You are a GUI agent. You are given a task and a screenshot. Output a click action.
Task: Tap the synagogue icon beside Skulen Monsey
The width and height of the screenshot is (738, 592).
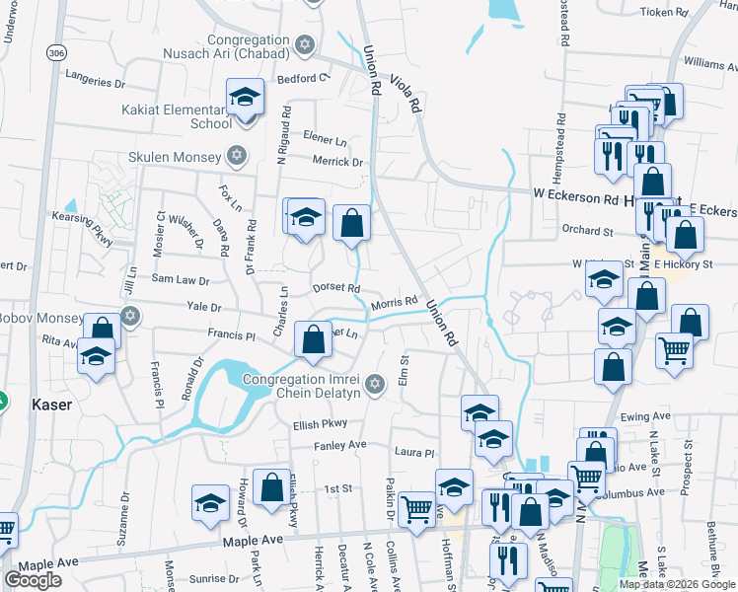pyautogui.click(x=236, y=157)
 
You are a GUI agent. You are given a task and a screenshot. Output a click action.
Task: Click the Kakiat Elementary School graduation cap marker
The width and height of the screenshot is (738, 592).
pyautogui.click(x=244, y=99)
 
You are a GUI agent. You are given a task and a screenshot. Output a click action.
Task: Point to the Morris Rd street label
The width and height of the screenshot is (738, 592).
pyautogui.click(x=395, y=306)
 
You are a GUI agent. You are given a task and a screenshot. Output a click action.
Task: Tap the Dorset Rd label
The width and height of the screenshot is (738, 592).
pyautogui.click(x=335, y=287)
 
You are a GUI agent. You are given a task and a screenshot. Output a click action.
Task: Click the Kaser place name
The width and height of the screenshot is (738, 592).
pyautogui.click(x=51, y=405)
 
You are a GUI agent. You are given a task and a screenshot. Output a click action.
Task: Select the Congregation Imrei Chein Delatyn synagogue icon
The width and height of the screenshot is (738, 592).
pyautogui.click(x=373, y=384)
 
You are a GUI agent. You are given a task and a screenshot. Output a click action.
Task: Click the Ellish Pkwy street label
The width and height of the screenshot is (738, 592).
pyautogui.click(x=322, y=425)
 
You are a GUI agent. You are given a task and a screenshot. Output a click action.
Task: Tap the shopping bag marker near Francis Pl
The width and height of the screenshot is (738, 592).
pyautogui.click(x=313, y=341)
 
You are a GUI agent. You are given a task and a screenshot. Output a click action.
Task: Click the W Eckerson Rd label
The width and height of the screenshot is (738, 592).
pyautogui.click(x=575, y=197)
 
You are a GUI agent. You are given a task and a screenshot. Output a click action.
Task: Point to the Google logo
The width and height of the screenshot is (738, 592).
pyautogui.click(x=34, y=580)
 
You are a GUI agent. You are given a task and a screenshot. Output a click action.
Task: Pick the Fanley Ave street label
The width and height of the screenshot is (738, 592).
pyautogui.click(x=340, y=445)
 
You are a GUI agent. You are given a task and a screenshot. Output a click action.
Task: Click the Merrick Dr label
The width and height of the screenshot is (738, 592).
pyautogui.click(x=337, y=162)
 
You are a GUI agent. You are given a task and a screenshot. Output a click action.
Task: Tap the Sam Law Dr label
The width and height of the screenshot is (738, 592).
pyautogui.click(x=179, y=280)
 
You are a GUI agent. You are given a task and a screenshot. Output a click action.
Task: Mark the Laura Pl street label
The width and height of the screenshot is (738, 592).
pyautogui.click(x=414, y=453)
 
